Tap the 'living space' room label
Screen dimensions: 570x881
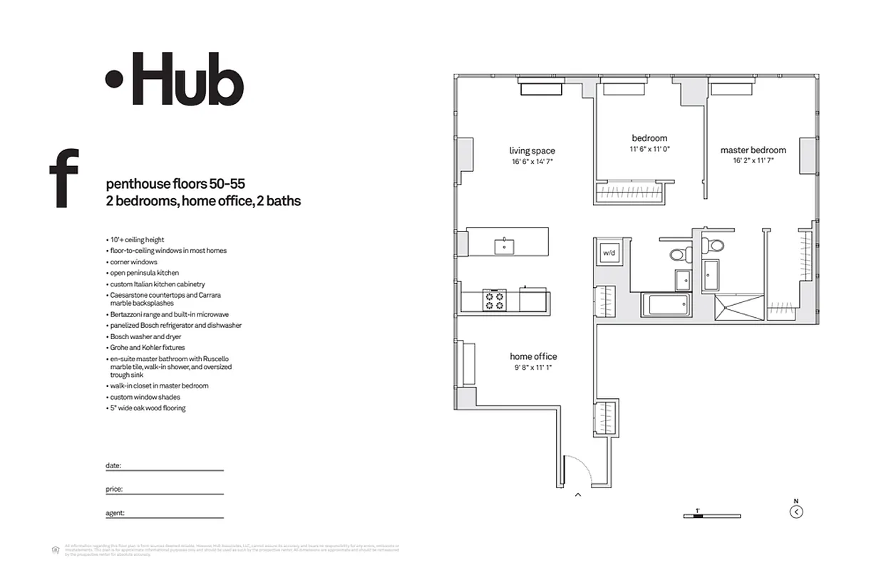click(532, 151)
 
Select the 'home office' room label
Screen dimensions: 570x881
click(533, 356)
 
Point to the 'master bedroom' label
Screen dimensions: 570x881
click(753, 150)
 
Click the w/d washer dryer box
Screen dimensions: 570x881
click(609, 252)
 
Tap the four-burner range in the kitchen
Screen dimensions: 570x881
click(494, 299)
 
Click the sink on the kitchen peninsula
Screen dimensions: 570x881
click(505, 246)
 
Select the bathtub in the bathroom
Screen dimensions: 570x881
click(666, 306)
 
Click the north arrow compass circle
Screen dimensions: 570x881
click(796, 511)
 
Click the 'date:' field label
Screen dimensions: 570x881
click(113, 465)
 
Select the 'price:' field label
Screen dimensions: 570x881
click(114, 489)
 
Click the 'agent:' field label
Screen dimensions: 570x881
click(115, 512)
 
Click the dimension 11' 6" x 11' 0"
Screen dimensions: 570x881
click(649, 150)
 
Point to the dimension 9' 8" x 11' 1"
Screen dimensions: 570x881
click(533, 368)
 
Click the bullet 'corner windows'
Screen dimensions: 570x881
click(134, 262)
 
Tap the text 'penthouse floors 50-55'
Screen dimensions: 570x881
click(175, 184)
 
